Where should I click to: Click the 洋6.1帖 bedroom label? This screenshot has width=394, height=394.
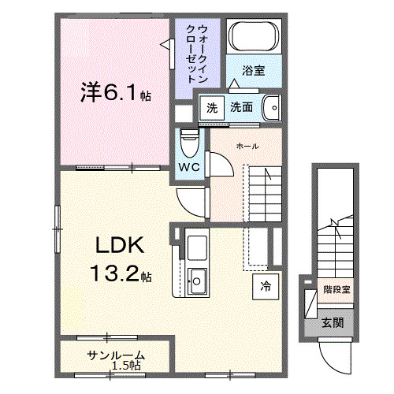click(x=115, y=94)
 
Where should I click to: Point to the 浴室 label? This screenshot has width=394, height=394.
click(x=253, y=70)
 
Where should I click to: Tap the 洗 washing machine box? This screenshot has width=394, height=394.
click(x=211, y=107)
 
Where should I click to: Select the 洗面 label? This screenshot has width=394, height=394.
click(x=242, y=107)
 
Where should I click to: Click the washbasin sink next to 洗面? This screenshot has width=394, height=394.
click(x=271, y=106)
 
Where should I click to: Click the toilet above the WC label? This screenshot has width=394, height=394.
click(x=188, y=142)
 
